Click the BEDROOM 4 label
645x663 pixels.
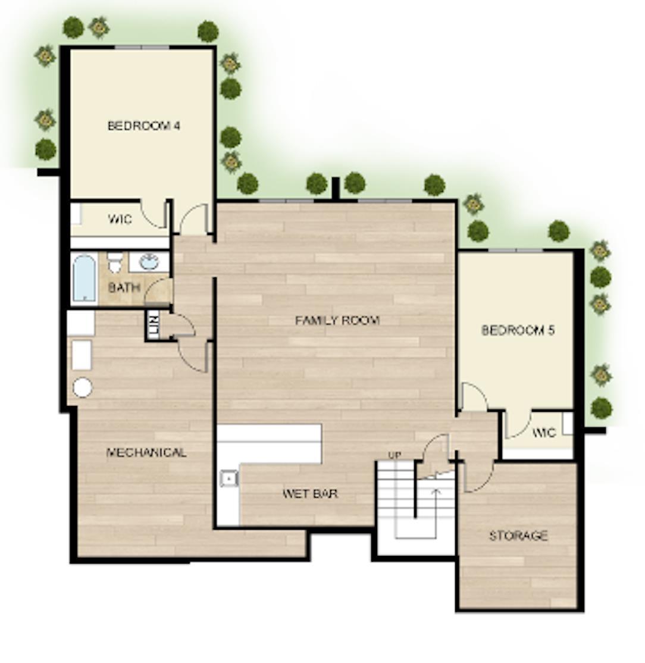pos(144,126)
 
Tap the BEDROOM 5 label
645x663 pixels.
pos(518,330)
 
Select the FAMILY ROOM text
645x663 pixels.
pos(337,320)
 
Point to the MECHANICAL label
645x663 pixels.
pos(146,452)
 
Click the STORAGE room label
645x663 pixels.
pos(519,536)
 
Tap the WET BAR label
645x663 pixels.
pos(310,493)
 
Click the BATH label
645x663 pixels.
pos(124,287)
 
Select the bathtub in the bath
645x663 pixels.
pos(84,278)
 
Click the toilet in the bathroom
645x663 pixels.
pos(115,262)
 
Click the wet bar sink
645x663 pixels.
pos(228,479)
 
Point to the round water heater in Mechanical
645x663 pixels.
pos(83,387)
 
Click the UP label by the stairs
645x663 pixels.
pos(394,455)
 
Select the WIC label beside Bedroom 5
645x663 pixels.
pos(544,433)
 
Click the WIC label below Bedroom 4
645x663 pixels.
pos(120,219)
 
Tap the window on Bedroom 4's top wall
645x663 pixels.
pos(142,47)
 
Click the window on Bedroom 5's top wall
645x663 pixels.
pos(516,251)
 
